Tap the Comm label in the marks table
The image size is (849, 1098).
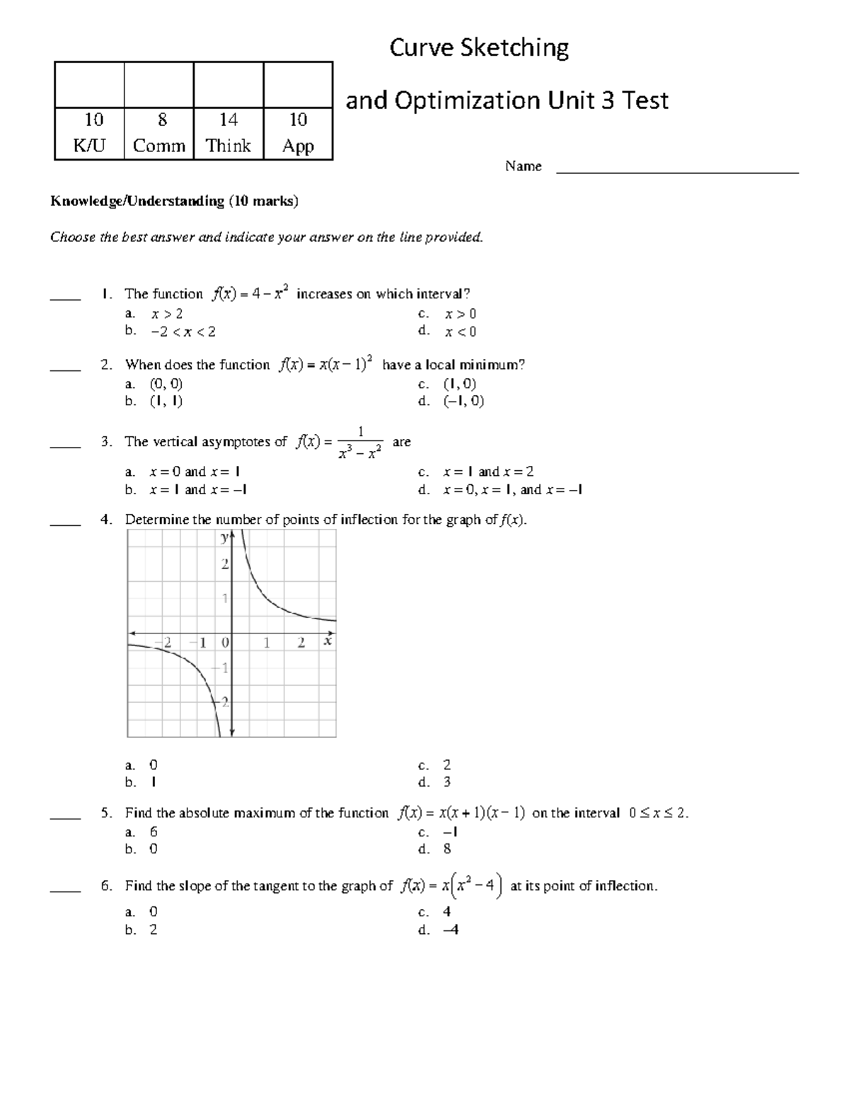[158, 146]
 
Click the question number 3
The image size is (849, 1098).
[106, 442]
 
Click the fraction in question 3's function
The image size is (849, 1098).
[361, 443]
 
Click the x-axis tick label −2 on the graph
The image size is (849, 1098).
[165, 643]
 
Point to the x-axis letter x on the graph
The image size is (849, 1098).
[328, 641]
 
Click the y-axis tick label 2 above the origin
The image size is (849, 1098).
[225, 564]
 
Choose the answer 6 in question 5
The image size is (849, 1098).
[154, 832]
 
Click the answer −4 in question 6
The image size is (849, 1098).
[451, 930]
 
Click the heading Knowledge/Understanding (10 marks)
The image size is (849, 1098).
[174, 202]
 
